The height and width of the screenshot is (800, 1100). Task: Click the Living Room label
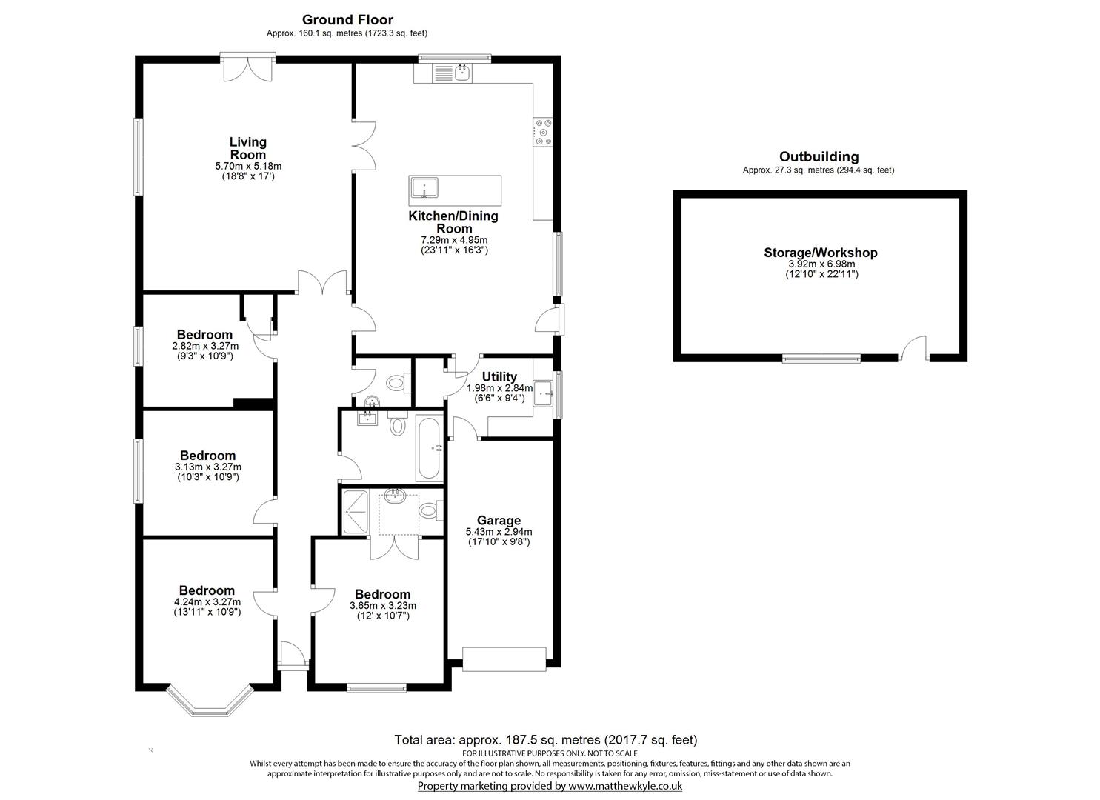(x=247, y=148)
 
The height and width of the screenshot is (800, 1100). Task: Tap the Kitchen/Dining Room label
(x=453, y=222)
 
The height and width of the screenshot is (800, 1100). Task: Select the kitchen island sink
(x=424, y=190)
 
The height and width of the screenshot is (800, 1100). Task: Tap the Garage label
(x=499, y=521)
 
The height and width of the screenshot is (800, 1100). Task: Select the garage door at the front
(x=504, y=659)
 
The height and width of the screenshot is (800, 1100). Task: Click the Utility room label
(x=499, y=377)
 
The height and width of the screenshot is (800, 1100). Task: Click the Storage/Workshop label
(x=821, y=253)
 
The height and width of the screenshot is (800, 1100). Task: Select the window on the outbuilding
(x=821, y=359)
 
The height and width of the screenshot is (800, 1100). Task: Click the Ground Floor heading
(x=347, y=20)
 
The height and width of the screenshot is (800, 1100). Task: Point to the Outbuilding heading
(x=819, y=156)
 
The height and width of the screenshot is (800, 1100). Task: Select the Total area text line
(x=545, y=739)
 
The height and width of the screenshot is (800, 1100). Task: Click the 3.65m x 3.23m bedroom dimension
(x=382, y=605)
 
